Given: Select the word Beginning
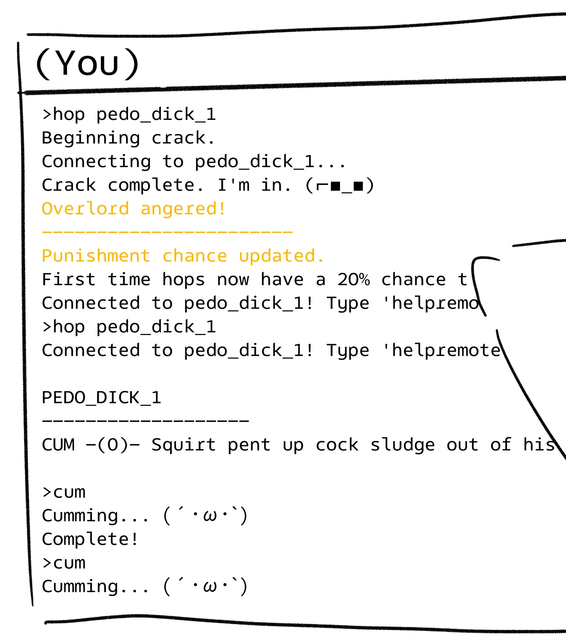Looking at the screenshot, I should click(91, 138).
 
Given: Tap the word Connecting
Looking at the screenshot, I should click(96, 162).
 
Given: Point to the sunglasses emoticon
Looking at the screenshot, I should click(340, 185).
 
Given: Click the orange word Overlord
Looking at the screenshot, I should click(85, 209).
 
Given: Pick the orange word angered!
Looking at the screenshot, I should click(183, 209).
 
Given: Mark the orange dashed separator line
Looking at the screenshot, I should click(167, 232).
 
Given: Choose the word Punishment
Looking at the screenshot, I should click(96, 256).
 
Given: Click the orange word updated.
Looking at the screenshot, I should click(281, 256).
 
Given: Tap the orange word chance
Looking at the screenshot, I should click(194, 256).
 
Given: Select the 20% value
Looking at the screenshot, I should click(353, 280).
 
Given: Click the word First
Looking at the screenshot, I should click(69, 280).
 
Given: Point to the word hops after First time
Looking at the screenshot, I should click(183, 280).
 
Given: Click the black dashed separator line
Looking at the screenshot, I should click(145, 421).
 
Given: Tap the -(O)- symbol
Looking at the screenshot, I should click(113, 445).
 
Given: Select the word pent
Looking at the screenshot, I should click(249, 445).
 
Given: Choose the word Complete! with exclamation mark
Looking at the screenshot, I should click(90, 539).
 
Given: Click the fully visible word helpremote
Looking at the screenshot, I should click(446, 350).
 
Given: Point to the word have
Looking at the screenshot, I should click(282, 280).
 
